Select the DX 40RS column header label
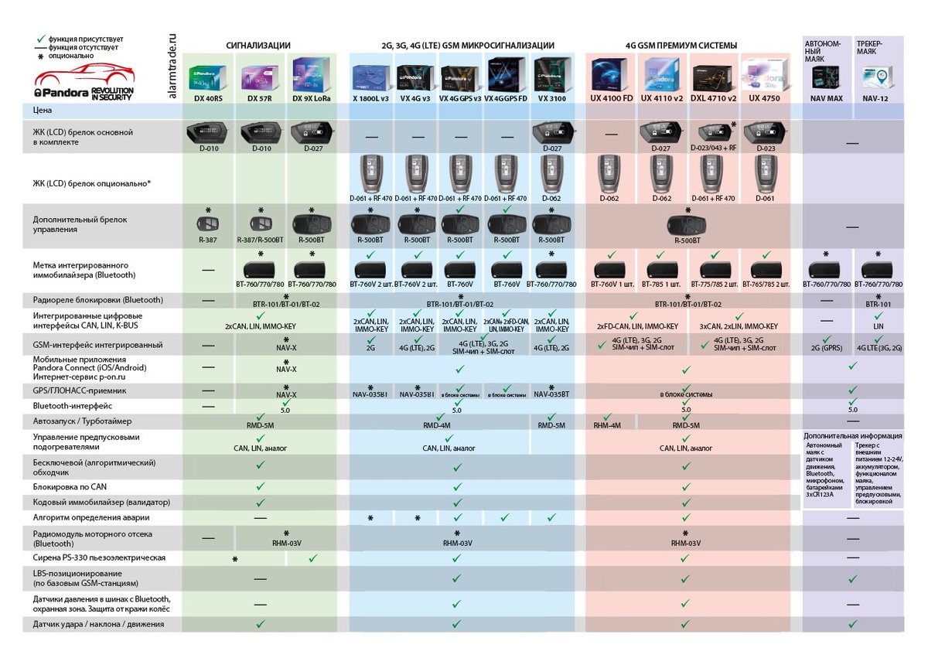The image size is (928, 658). point(207,99)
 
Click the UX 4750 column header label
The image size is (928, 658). point(764,99)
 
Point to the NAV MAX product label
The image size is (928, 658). point(827,99)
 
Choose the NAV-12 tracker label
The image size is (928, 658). point(875,99)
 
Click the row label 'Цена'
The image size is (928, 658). point(43,111)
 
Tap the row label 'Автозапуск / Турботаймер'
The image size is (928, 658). point(82,421)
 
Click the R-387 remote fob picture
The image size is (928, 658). point(207,225)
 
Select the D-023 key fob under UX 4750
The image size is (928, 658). point(764,132)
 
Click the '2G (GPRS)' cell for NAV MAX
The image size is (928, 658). point(827,349)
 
